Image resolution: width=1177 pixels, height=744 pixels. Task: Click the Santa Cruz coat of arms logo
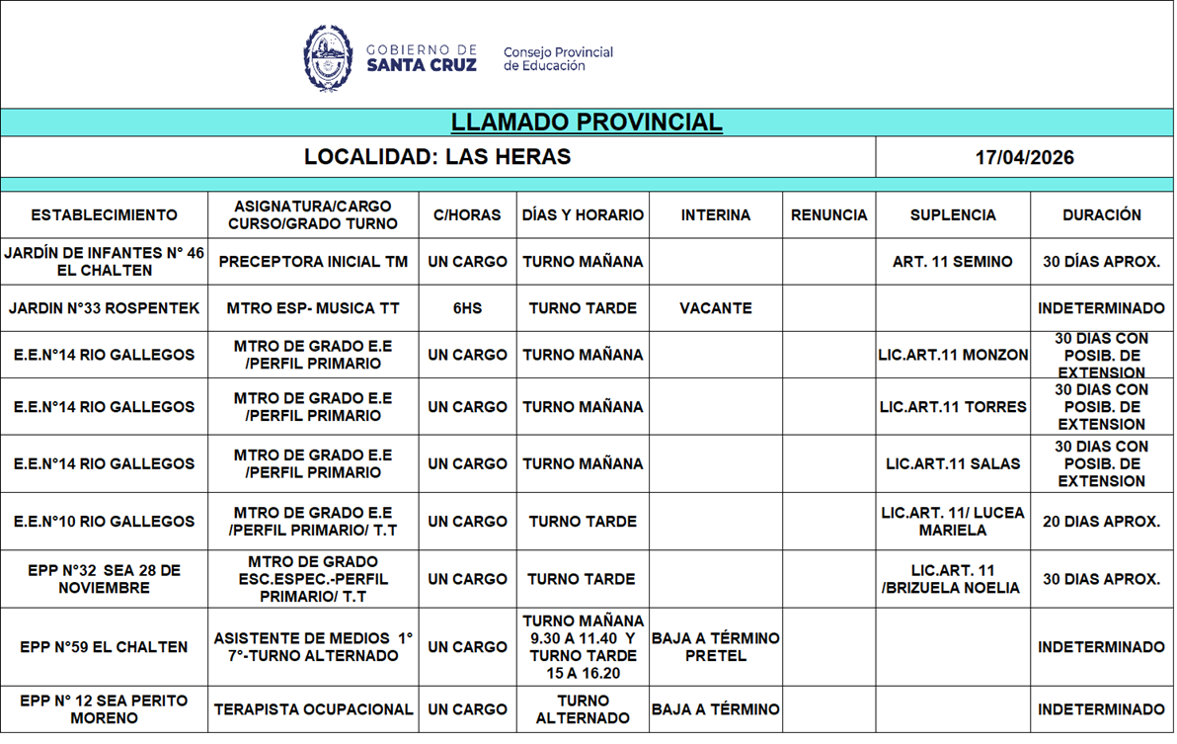[x=328, y=58]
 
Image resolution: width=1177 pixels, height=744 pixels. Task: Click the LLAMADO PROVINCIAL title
[x=587, y=123]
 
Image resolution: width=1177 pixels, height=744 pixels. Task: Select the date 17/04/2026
[x=1024, y=158]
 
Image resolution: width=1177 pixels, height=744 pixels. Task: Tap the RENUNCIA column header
[x=828, y=215]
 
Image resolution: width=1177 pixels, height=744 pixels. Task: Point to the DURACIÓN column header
[x=1101, y=215]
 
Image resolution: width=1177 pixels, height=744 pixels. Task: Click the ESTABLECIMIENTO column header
[x=104, y=215]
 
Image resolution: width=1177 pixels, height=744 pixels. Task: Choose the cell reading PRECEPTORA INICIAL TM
[x=313, y=262]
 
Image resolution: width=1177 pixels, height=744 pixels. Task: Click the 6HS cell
[x=467, y=308]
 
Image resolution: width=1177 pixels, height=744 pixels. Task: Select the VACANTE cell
[x=715, y=308]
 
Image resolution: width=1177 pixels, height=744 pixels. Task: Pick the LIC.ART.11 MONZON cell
[x=953, y=355]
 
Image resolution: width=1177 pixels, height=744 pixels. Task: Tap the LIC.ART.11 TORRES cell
[x=953, y=407]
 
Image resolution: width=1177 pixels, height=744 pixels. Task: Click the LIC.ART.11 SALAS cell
[x=953, y=463]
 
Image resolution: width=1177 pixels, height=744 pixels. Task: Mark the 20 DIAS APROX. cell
[x=1101, y=522]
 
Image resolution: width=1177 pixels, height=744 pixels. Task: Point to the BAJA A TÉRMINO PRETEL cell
[x=715, y=647]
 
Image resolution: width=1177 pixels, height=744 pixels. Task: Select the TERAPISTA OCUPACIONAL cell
[x=313, y=709]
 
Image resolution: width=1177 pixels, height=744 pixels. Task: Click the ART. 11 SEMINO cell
[x=953, y=262]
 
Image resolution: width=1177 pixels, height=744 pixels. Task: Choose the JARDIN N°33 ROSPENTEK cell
[x=104, y=308]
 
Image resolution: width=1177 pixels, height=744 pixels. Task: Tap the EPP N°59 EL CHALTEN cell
[x=104, y=647]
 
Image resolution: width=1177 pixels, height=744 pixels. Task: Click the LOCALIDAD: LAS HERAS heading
[x=437, y=158]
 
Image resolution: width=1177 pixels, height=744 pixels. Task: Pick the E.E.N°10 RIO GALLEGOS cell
[x=104, y=522]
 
